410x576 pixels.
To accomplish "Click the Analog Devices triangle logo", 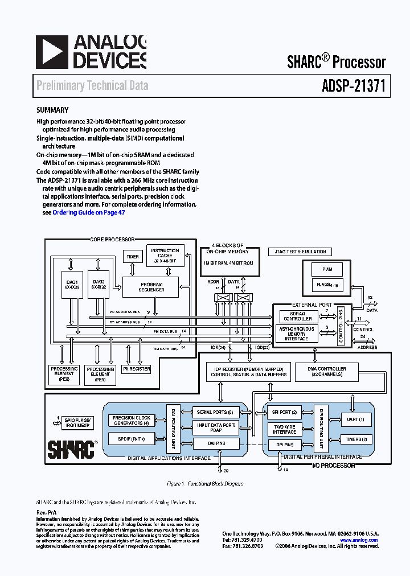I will (x=52, y=52).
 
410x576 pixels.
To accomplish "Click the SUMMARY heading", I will (x=52, y=110).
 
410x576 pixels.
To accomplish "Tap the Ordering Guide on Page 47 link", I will (x=88, y=212).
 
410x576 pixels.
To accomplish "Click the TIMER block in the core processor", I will (x=133, y=257).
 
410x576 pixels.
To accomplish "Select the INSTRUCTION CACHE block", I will (x=165, y=256).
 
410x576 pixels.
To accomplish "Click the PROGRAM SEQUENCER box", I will (x=151, y=287).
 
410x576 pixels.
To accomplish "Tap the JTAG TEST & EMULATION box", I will (x=300, y=252).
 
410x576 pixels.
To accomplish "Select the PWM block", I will (x=327, y=269).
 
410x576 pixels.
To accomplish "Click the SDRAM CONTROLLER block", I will (x=298, y=316).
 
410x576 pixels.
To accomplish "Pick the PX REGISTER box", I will (x=137, y=369).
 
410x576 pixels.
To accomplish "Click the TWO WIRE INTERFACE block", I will (x=284, y=429).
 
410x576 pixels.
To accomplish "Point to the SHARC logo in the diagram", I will (x=71, y=449).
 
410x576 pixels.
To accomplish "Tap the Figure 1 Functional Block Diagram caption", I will (x=204, y=484).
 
